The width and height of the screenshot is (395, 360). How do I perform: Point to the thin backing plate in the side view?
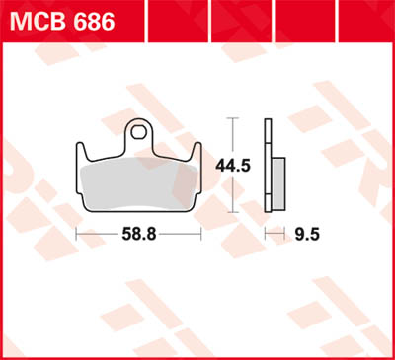point(267,163)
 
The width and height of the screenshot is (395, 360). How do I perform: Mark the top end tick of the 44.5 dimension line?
point(233,118)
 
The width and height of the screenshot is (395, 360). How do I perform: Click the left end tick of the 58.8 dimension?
point(77,236)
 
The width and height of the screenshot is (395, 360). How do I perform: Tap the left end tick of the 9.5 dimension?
point(265,236)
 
